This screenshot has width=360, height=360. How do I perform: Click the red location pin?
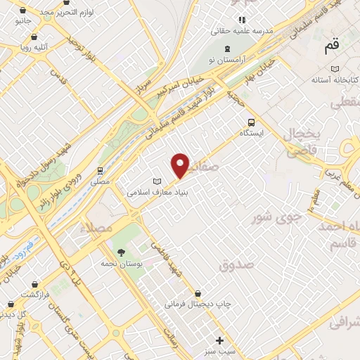coord(181,165)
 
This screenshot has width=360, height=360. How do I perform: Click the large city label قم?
coord(331,48)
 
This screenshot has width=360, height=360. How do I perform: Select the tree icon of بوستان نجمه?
coord(122,252)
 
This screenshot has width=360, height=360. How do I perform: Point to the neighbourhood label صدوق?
coord(234,265)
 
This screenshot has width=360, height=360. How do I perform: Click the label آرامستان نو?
coord(226,63)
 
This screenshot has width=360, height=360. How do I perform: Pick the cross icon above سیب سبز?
coord(220,340)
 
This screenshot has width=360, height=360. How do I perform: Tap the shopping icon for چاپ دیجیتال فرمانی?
coord(198,293)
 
